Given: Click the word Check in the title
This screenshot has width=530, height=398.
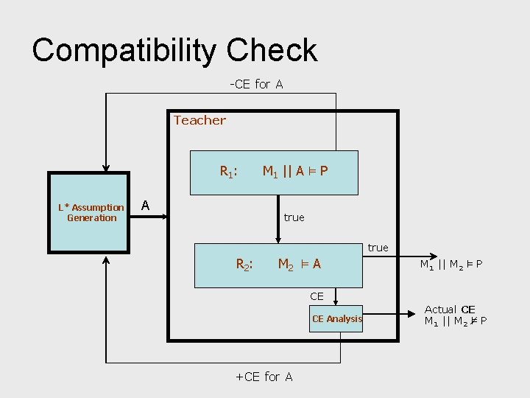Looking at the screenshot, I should click(x=272, y=50).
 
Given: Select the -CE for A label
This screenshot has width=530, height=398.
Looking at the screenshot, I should click(x=255, y=84).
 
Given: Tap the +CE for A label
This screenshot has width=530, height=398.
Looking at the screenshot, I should click(x=264, y=377).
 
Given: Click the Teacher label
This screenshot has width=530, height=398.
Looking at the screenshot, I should click(x=199, y=120).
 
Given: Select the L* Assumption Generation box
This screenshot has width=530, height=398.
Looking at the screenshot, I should click(x=91, y=212).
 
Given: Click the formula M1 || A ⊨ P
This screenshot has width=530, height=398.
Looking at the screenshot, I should click(x=295, y=172).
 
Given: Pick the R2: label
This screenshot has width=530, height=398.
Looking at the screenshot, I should click(x=244, y=264).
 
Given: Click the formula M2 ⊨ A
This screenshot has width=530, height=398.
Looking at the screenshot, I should click(x=299, y=264).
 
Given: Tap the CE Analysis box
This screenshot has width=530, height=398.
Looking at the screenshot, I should click(x=336, y=319).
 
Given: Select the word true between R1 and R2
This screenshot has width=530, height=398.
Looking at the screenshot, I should click(x=294, y=217).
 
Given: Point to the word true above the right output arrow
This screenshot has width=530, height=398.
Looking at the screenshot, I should click(x=378, y=248).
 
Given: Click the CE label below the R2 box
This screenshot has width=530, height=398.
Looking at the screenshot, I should click(x=317, y=296).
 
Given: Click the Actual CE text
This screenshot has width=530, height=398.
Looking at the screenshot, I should click(x=450, y=310).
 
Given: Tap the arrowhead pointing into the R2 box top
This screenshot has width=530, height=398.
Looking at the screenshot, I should click(x=278, y=238).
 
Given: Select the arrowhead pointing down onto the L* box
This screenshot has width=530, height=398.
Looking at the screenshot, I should click(x=107, y=167).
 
